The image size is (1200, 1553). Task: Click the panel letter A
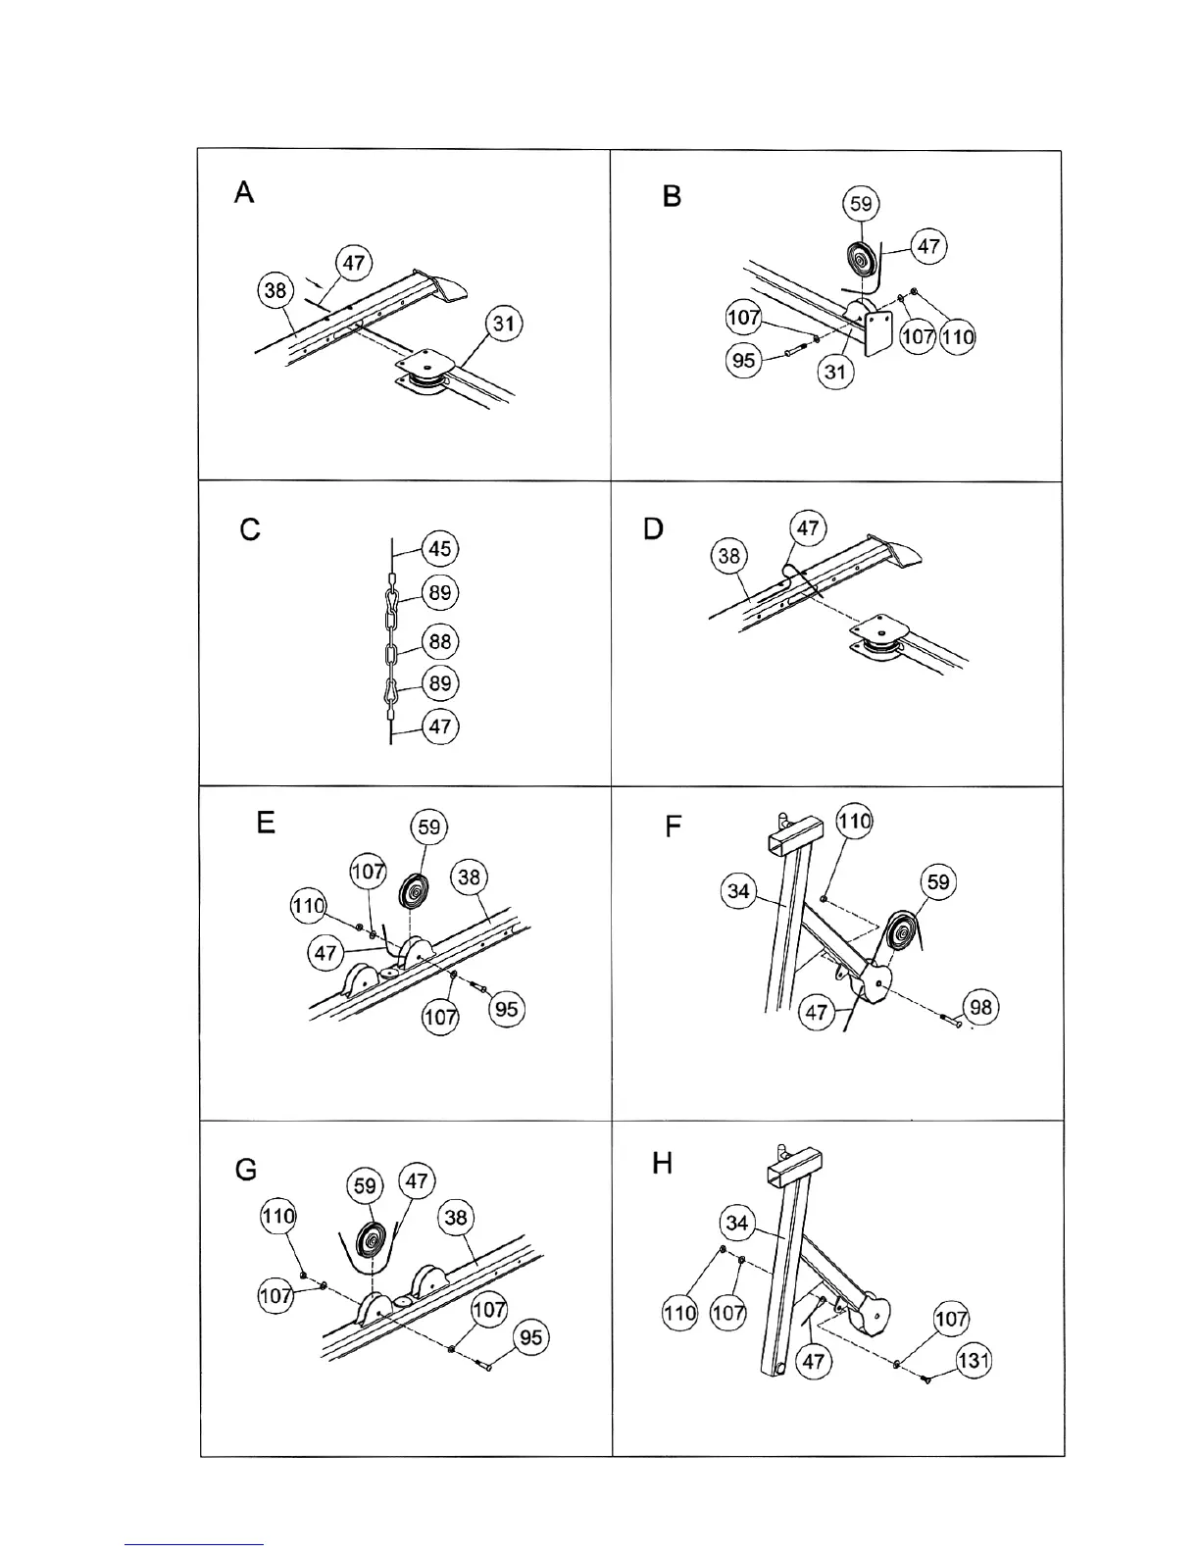tap(244, 192)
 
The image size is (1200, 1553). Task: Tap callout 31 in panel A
tap(504, 324)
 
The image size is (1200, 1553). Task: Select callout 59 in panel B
tap(861, 204)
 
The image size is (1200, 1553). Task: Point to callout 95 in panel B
tap(744, 360)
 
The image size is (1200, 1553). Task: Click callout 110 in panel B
tap(957, 337)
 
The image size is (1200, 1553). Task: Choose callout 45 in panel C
tap(440, 548)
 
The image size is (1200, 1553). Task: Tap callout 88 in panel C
tap(440, 641)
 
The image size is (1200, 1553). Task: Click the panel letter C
tap(250, 530)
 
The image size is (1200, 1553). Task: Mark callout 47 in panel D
tap(807, 528)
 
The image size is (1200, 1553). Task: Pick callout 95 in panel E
tap(507, 1009)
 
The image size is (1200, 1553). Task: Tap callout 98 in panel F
tap(980, 1008)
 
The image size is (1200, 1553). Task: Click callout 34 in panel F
tap(738, 890)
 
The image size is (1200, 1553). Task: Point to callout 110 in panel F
tap(854, 821)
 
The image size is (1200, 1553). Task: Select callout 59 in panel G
tap(365, 1186)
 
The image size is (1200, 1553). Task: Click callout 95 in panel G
tap(530, 1337)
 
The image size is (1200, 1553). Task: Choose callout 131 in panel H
tap(974, 1361)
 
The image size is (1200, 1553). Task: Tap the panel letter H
tap(663, 1164)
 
